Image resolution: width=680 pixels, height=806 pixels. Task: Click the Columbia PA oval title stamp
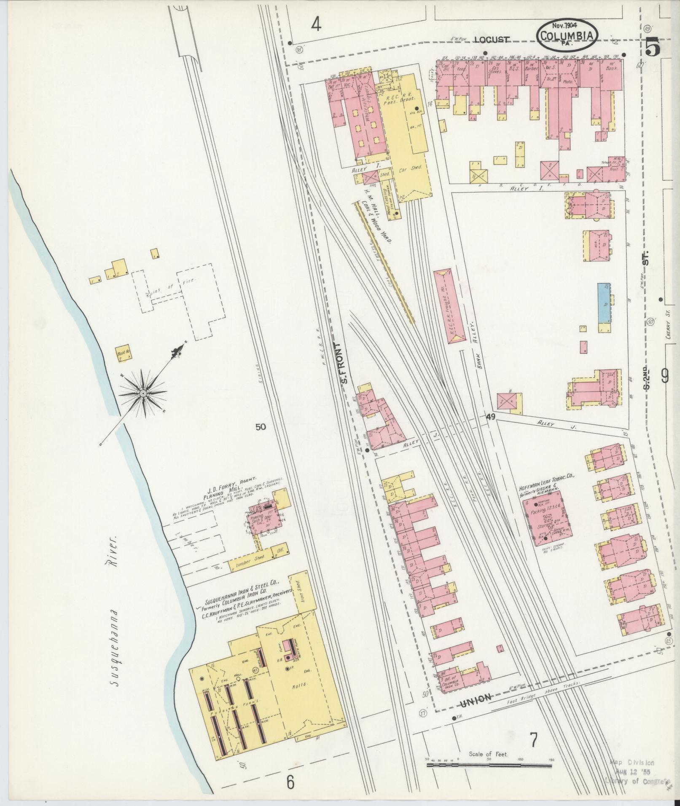567,35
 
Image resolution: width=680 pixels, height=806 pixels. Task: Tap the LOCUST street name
491,40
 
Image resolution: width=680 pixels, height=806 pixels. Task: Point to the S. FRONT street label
344,365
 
